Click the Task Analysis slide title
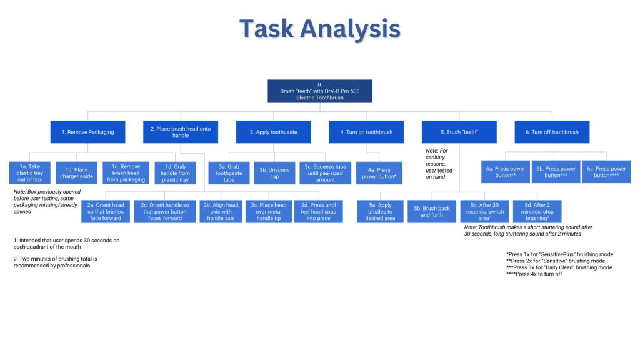pyautogui.click(x=319, y=29)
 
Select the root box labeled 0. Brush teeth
pyautogui.click(x=319, y=91)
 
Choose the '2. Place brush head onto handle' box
pyautogui.click(x=181, y=132)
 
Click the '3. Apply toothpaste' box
pyautogui.click(x=273, y=132)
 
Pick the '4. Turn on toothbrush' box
pyautogui.click(x=366, y=132)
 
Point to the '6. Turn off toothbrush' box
pyautogui.click(x=552, y=132)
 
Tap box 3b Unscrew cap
pyautogui.click(x=272, y=172)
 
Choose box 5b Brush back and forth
pyautogui.click(x=432, y=212)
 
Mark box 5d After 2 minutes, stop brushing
pyautogui.click(x=537, y=211)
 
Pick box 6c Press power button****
pyautogui.click(x=606, y=172)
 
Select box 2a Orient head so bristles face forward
pyautogui.click(x=106, y=212)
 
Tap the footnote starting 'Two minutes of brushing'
pyautogui.click(x=56, y=262)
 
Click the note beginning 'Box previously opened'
pyautogui.click(x=47, y=201)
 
